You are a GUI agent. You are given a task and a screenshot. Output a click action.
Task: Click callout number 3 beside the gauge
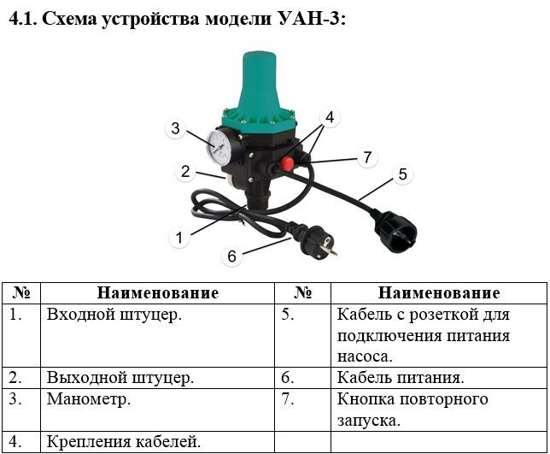pos(175,128)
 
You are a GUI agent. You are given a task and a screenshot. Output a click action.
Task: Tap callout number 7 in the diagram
pos(367,157)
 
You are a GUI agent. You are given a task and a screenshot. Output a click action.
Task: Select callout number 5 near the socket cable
pos(403,174)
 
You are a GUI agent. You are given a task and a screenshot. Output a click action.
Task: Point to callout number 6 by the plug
pos(231,256)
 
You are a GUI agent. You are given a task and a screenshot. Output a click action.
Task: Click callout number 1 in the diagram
pos(179,238)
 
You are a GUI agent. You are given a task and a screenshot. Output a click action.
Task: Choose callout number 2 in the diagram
pos(185,171)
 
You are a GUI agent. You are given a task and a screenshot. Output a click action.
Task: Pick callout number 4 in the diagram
pos(330,117)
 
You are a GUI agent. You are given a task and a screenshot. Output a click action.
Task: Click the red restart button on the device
pos(288,163)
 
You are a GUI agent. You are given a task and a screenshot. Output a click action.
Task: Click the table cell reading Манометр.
pos(89,399)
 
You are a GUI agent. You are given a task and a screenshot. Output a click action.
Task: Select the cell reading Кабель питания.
pos(401,378)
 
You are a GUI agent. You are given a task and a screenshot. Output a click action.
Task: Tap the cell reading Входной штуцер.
pos(114,315)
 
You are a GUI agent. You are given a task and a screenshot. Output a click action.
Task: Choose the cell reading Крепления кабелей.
pos(124,442)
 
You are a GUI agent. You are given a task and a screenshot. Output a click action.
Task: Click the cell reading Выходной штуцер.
pos(120,378)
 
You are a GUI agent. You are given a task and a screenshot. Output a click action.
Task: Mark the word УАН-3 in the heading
pos(308,18)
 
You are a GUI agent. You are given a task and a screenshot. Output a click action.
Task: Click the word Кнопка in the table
pos(366,399)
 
